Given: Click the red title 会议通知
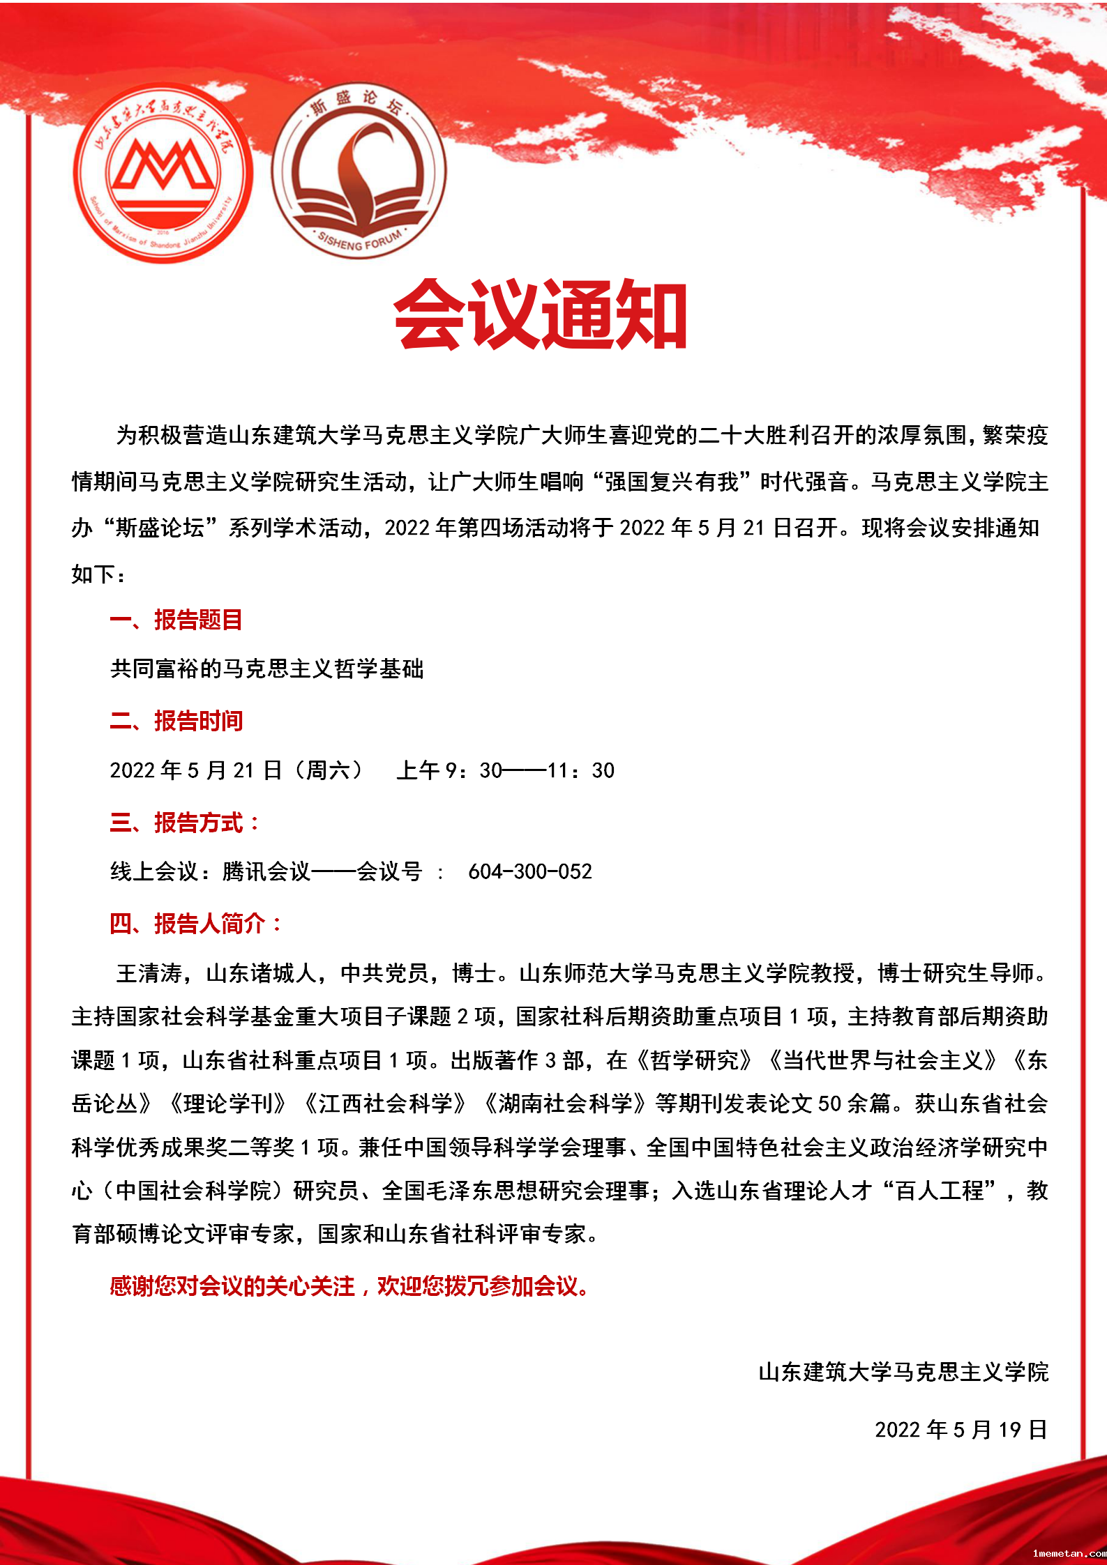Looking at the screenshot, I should (x=541, y=314).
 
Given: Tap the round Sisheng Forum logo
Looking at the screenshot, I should (x=359, y=171).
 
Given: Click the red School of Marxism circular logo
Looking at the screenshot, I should (x=163, y=173).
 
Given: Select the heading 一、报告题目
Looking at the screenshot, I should (x=176, y=620).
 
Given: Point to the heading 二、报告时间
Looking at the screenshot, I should (x=176, y=721).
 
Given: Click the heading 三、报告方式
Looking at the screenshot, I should (x=184, y=823).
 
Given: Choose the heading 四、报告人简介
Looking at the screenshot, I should (x=195, y=924).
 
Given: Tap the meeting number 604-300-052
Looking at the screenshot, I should (x=530, y=871).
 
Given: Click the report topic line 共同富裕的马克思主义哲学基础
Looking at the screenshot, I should (x=266, y=669).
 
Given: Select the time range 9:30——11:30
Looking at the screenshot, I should (x=530, y=770).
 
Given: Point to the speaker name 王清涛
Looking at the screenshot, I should (x=149, y=973).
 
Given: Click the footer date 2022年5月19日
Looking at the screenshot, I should (x=961, y=1430).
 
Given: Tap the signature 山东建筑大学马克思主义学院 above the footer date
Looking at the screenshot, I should (x=903, y=1372).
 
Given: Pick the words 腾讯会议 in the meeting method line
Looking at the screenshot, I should (x=266, y=871).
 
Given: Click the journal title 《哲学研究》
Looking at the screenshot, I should (x=695, y=1060).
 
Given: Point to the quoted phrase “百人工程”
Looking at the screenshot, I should (x=940, y=1191).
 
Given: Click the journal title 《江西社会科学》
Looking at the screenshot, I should (x=386, y=1104).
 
